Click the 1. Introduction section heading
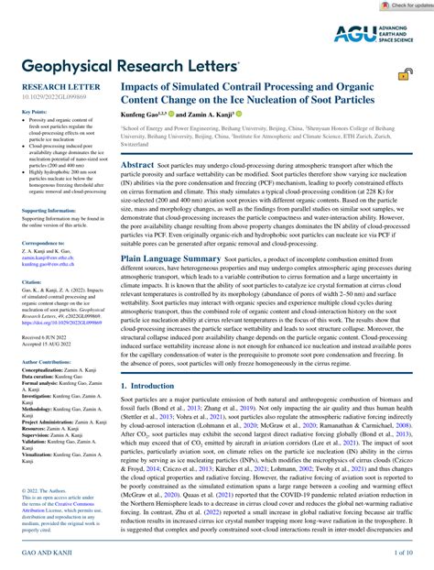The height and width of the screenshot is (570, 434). tap(150, 388)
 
